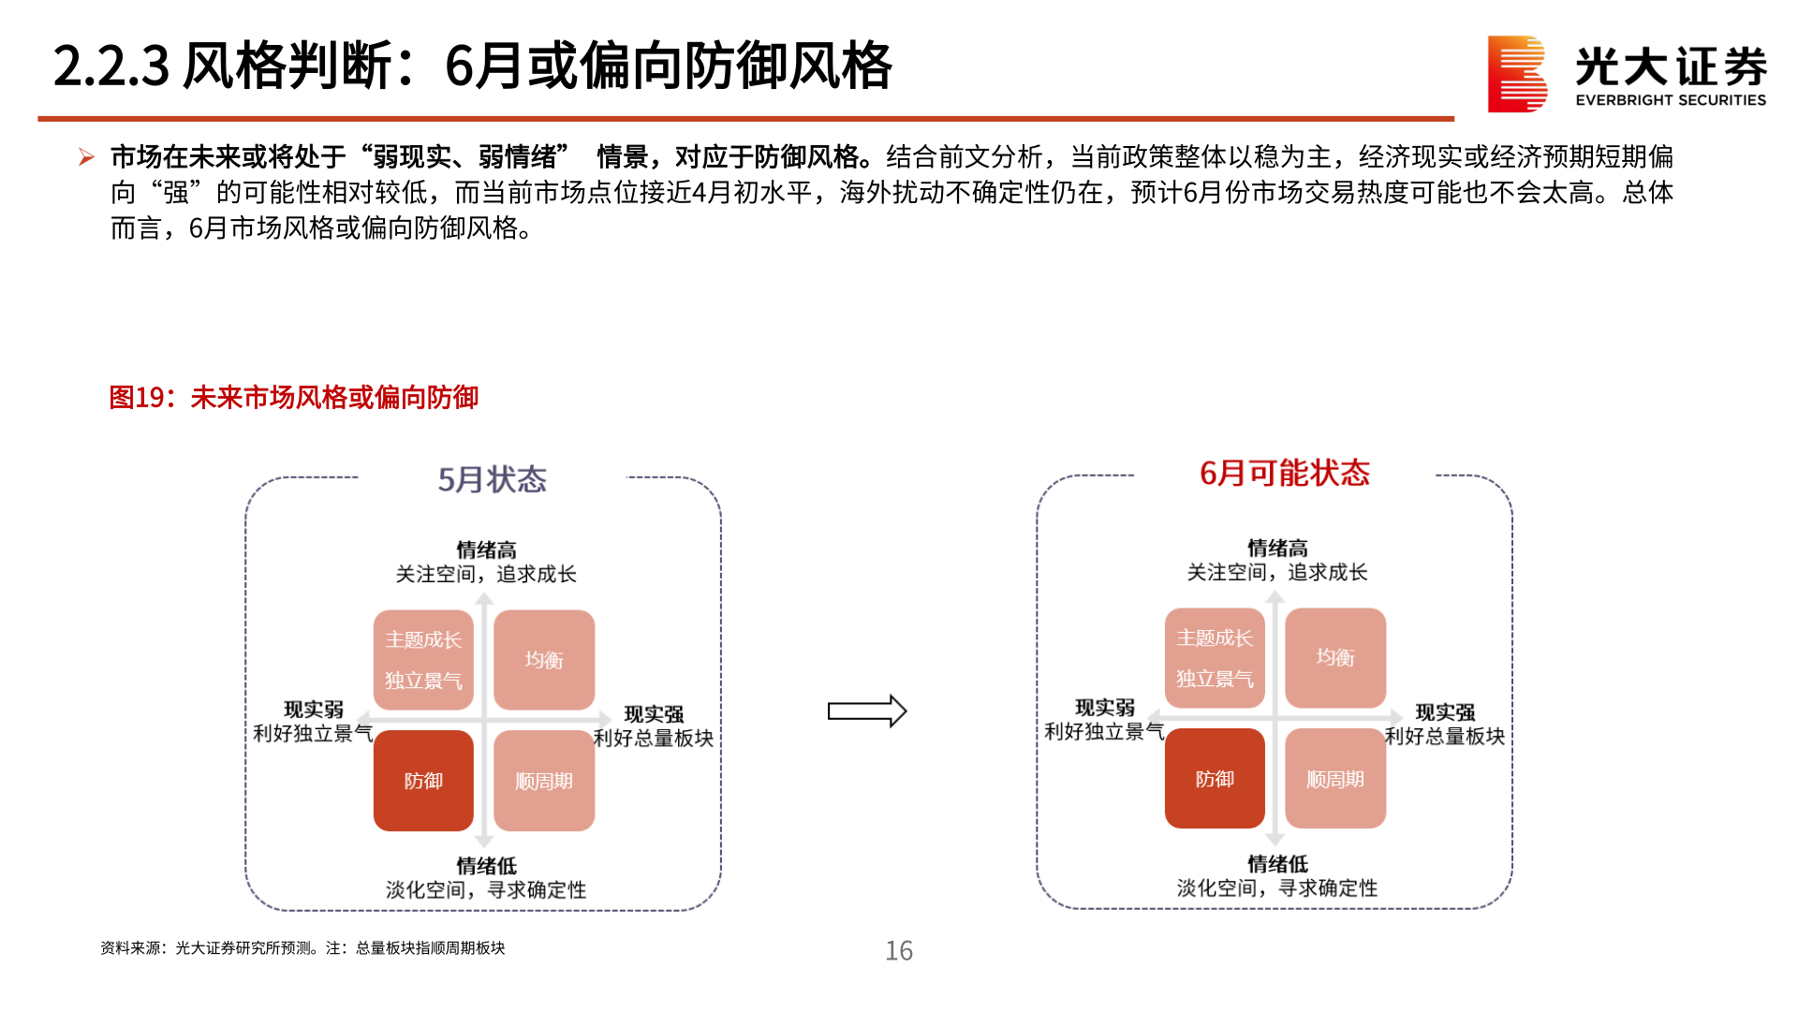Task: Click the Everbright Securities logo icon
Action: tap(1516, 74)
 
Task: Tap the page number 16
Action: tap(899, 951)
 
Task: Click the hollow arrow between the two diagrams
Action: tap(866, 711)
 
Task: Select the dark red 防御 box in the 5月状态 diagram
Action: tap(423, 781)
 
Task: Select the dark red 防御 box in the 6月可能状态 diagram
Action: tap(1215, 779)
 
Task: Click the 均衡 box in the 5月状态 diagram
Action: tap(544, 660)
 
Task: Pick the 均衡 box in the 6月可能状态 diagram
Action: tap(1335, 658)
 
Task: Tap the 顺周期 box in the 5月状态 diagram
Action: tap(544, 781)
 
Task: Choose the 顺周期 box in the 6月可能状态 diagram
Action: tap(1335, 779)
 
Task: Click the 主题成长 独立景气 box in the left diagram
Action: tap(423, 660)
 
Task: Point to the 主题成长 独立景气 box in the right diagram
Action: tap(1215, 658)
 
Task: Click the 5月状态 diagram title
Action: tap(492, 479)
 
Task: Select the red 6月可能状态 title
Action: tap(1284, 474)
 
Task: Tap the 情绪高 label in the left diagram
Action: tap(486, 550)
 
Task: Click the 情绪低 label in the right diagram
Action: tap(1277, 864)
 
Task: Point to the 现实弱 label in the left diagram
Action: tap(314, 710)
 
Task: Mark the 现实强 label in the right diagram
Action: tap(1445, 712)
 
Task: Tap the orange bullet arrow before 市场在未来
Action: tap(86, 156)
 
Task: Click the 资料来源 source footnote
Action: tap(302, 948)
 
